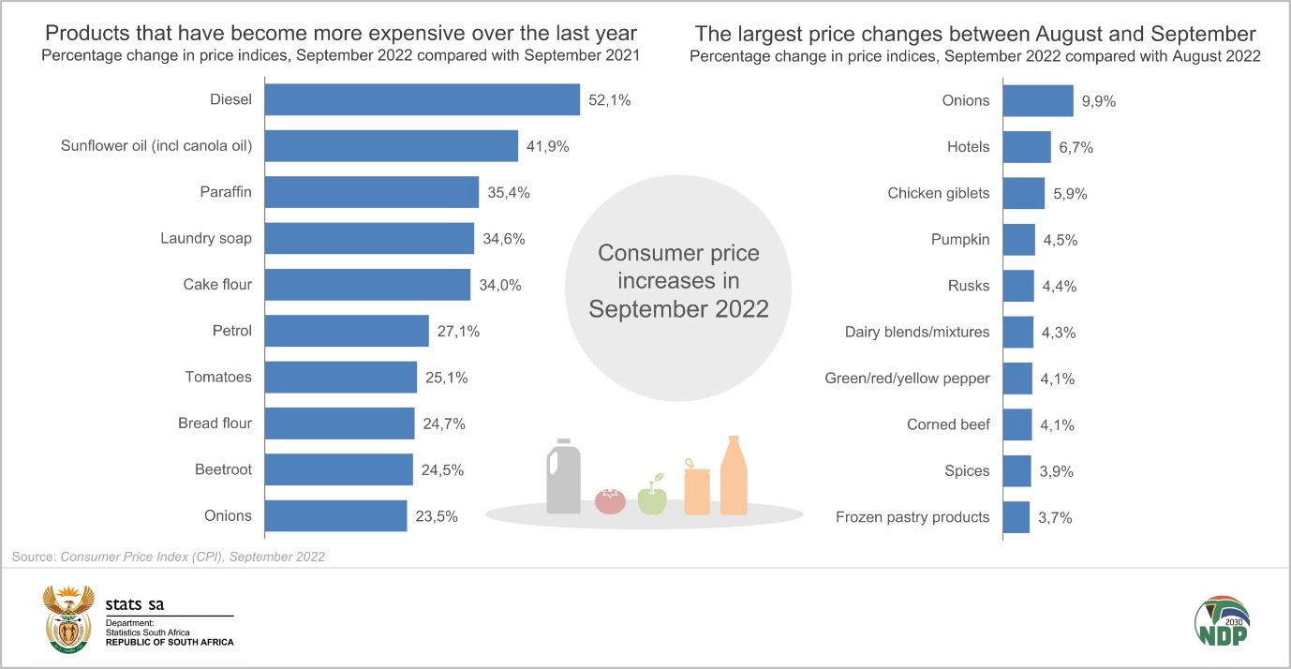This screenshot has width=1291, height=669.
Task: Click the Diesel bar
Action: (x=423, y=99)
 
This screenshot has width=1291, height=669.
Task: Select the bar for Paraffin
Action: (x=372, y=192)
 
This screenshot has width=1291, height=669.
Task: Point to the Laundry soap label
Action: (x=206, y=238)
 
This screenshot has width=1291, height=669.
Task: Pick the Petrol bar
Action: (x=347, y=331)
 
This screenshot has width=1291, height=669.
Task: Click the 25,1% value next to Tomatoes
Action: (x=445, y=378)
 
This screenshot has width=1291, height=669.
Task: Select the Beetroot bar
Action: (x=339, y=469)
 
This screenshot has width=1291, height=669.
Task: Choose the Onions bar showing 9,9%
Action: (x=1038, y=100)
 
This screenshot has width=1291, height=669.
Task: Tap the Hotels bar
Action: (x=1027, y=147)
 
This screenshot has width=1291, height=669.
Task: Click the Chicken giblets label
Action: (x=939, y=193)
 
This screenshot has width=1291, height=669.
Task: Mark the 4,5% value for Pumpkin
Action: (x=1061, y=240)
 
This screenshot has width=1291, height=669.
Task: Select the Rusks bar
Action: (x=1018, y=286)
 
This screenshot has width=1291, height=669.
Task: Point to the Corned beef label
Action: (x=948, y=424)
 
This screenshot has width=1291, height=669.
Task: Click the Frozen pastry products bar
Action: (x=1016, y=517)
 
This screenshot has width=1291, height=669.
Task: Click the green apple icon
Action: (x=652, y=498)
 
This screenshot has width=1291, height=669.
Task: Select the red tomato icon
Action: (x=610, y=500)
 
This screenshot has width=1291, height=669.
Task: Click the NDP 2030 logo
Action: (x=1221, y=621)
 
